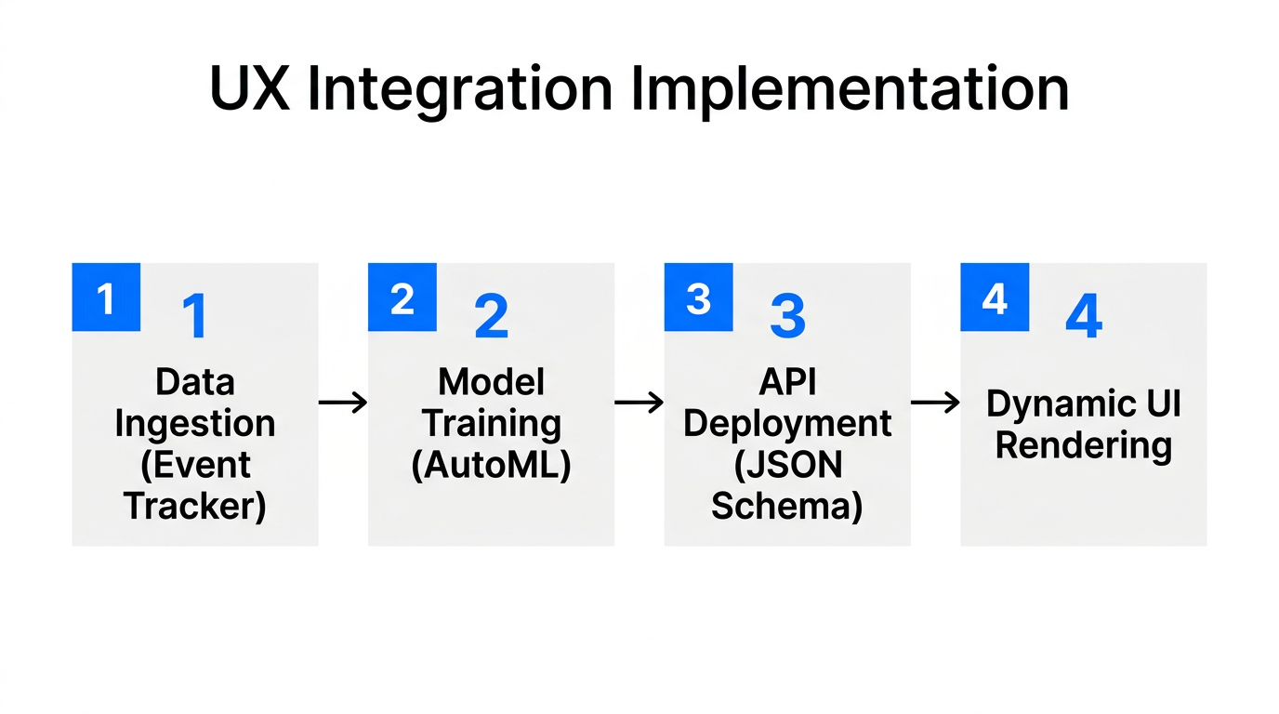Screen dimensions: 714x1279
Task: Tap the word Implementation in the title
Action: [x=850, y=91]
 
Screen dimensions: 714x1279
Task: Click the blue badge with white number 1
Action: [x=106, y=297]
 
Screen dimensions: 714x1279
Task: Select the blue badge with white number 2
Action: [x=402, y=297]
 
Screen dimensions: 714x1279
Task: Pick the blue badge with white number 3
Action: [x=698, y=297]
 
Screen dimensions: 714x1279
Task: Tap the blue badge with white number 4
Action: [x=995, y=297]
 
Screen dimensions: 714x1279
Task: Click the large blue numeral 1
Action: [x=194, y=317]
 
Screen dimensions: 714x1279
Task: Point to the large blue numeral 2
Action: [x=491, y=317]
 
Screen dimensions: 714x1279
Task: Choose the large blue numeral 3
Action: [x=787, y=316]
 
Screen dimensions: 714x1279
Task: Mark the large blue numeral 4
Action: [x=1084, y=316]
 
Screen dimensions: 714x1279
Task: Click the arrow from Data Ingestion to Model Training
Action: [x=343, y=403]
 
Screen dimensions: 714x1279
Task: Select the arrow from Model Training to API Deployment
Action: [x=639, y=403]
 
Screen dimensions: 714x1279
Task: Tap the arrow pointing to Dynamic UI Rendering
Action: [x=935, y=403]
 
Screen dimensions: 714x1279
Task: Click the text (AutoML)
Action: [x=491, y=465]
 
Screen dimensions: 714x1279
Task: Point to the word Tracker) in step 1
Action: [x=195, y=506]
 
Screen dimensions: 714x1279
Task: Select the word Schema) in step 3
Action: [x=787, y=506]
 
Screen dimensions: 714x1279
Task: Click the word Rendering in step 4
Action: [x=1084, y=445]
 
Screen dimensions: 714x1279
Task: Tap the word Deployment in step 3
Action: [x=787, y=423]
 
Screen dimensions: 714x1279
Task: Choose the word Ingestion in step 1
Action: [x=195, y=423]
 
